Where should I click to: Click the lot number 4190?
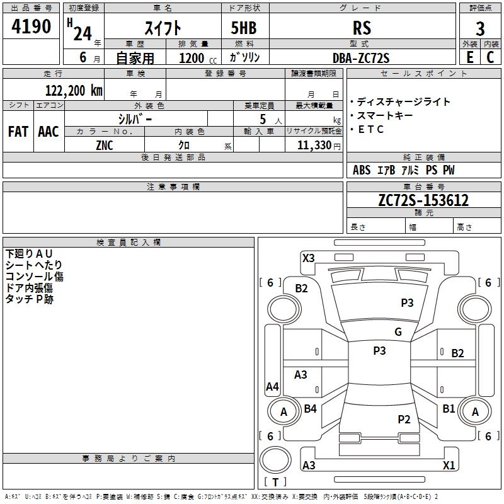(31, 26)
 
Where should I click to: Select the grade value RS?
(362, 28)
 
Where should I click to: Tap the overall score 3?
(480, 29)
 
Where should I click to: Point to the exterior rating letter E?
(470, 57)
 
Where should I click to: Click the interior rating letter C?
(490, 57)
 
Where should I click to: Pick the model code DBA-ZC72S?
(361, 58)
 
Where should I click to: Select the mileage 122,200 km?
(74, 91)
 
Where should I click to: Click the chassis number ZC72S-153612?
(423, 200)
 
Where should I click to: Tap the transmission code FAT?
(18, 132)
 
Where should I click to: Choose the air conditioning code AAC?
(49, 132)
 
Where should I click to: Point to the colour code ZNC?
(105, 146)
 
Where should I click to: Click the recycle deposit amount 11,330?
(314, 146)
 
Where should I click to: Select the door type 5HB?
(244, 28)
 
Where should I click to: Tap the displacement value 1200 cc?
(198, 58)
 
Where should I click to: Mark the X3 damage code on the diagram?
(308, 258)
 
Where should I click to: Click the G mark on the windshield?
(398, 331)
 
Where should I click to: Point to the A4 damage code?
(272, 386)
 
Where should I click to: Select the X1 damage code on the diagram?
(449, 465)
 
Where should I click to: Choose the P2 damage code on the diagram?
(404, 419)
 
